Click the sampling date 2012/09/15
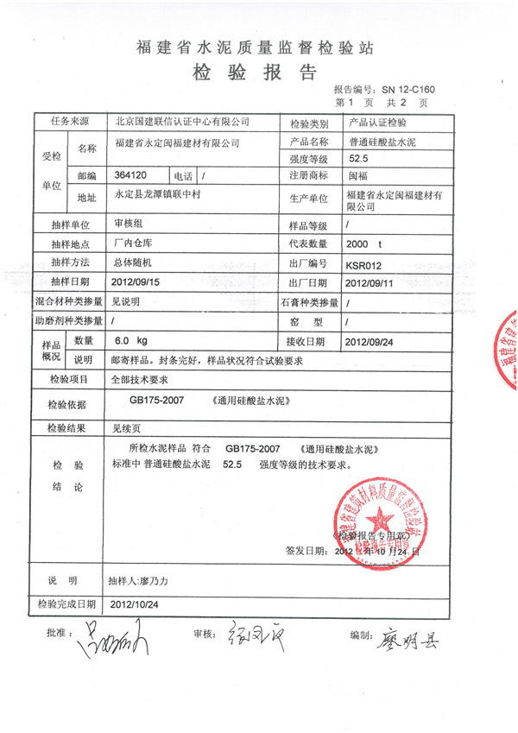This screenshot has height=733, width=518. pyautogui.click(x=137, y=282)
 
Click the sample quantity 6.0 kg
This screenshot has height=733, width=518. pyautogui.click(x=131, y=341)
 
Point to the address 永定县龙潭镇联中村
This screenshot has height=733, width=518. pyautogui.click(x=157, y=196)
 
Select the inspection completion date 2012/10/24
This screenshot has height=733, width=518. pyautogui.click(x=137, y=604)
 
